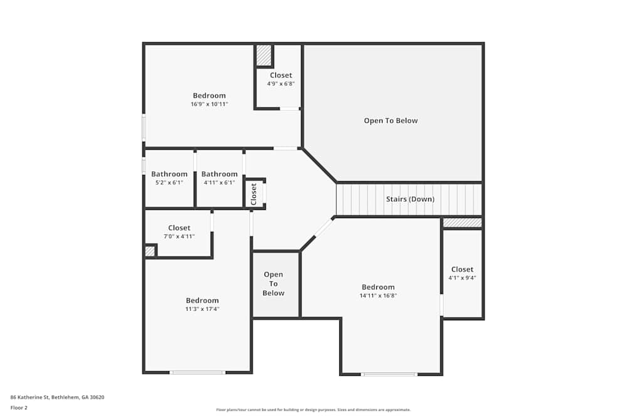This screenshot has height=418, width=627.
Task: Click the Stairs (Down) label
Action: coord(409,199)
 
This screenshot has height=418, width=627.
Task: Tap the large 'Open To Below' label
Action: coord(391,120)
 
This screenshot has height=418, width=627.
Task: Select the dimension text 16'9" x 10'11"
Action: coord(209,104)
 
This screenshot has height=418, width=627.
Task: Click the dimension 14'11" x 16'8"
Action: coord(378,296)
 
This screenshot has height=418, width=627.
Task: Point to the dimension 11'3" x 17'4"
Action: coord(202,309)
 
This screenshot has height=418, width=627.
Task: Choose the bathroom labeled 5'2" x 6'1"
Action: coord(169,178)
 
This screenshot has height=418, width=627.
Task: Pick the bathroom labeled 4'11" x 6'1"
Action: coord(219,178)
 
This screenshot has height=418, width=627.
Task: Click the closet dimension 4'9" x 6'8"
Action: coord(281,83)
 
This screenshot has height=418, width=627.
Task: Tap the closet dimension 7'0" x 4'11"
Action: coord(179,236)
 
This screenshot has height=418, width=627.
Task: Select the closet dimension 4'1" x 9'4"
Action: coord(462,278)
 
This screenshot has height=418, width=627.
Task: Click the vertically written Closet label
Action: coord(254,194)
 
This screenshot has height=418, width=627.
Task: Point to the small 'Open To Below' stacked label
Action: coord(273,284)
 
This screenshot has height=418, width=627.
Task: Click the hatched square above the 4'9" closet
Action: coord(264,55)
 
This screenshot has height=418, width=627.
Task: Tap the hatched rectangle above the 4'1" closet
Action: coord(462,222)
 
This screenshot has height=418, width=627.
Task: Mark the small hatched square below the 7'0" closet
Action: coord(150,251)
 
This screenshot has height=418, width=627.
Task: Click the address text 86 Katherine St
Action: coord(57,397)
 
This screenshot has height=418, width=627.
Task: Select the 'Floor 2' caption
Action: coord(19,407)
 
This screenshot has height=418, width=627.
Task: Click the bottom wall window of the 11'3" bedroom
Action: coord(198,373)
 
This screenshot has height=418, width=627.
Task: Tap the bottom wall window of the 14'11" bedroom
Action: coord(389,375)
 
